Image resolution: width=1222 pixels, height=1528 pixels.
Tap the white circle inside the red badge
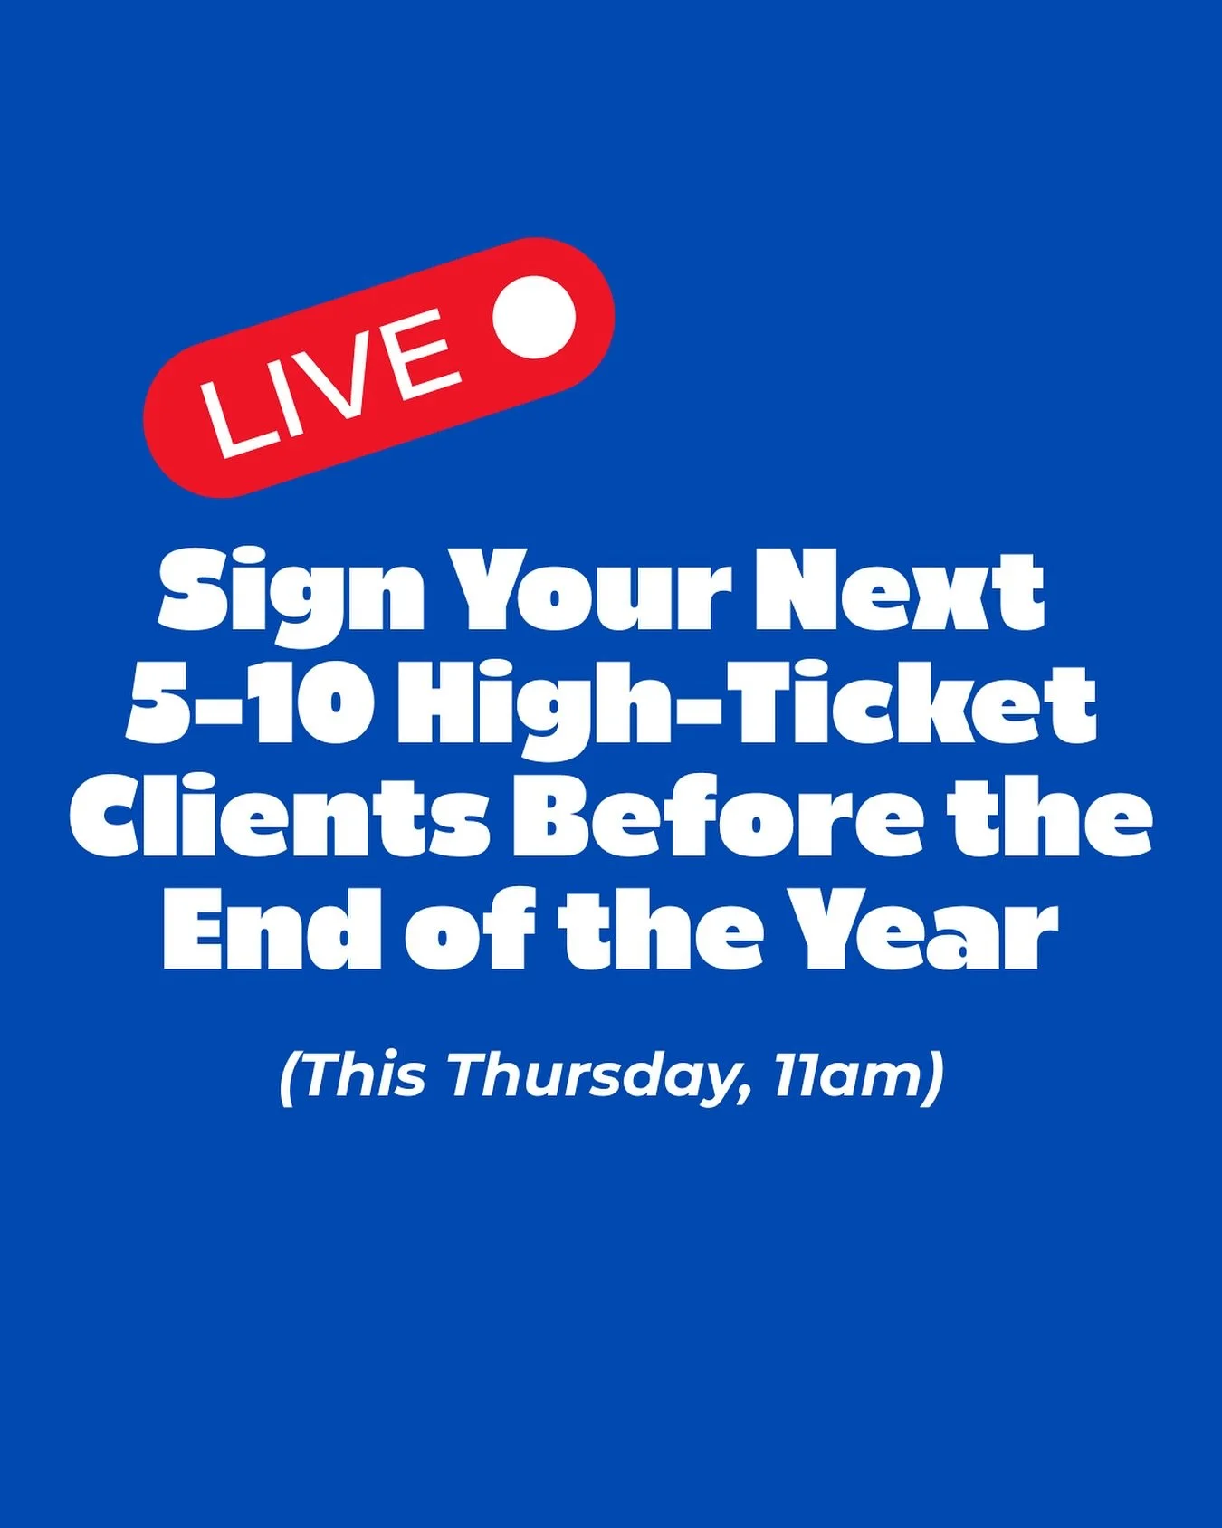tap(534, 316)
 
